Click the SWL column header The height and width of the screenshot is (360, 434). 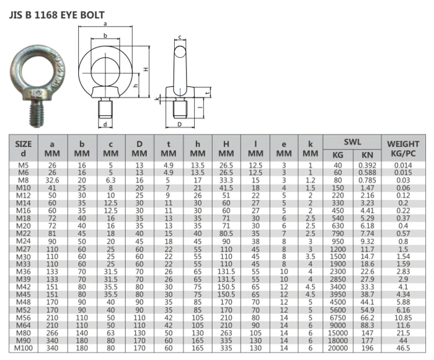[x=352, y=142]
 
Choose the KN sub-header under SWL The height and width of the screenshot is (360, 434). [x=367, y=153]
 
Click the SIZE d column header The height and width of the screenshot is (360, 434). [x=24, y=147]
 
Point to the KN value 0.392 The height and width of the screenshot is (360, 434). [x=367, y=165]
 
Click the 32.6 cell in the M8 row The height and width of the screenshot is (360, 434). [x=52, y=180]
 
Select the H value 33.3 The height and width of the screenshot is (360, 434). [x=226, y=180]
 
